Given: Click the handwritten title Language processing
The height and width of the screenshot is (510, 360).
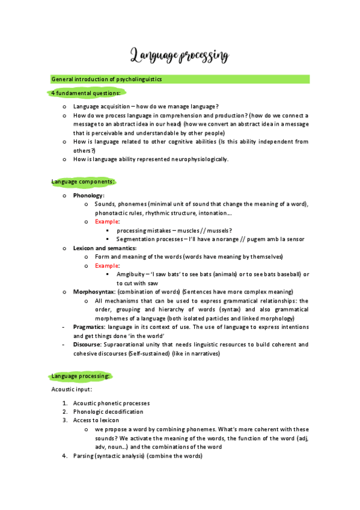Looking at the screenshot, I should pos(180,57).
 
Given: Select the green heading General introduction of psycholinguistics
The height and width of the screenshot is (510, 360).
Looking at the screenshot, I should pos(106,79).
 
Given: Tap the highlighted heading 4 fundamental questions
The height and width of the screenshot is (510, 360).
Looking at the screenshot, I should pos(85,93).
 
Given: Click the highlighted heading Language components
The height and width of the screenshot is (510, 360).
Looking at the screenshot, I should pos(82,181).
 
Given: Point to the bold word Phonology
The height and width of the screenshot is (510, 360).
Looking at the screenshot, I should pos(88,195).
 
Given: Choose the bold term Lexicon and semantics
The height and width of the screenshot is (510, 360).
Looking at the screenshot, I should pos(105,248).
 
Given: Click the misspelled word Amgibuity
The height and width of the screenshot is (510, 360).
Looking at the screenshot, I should pos(133,274).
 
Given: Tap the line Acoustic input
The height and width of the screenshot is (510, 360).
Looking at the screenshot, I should pos(72,390).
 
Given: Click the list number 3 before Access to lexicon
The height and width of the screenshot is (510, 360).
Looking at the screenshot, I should pos(65,420).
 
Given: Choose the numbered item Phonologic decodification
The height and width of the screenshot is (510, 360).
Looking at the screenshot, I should pos(108,412).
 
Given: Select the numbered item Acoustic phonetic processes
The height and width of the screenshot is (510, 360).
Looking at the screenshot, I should pos(111,403).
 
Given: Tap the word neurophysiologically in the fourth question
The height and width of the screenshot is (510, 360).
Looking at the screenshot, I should pos(197,159).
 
